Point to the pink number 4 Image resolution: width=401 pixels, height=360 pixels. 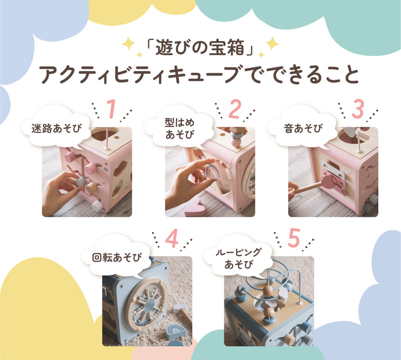pyautogui.click(x=172, y=239)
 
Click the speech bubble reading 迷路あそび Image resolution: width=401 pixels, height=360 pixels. pyautogui.click(x=56, y=127)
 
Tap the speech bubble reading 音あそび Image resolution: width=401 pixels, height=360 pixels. pyautogui.click(x=301, y=128)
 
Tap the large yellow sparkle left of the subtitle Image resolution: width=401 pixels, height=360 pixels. pyautogui.click(x=128, y=43)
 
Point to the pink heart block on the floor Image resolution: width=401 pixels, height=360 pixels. pyautogui.click(x=194, y=207)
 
